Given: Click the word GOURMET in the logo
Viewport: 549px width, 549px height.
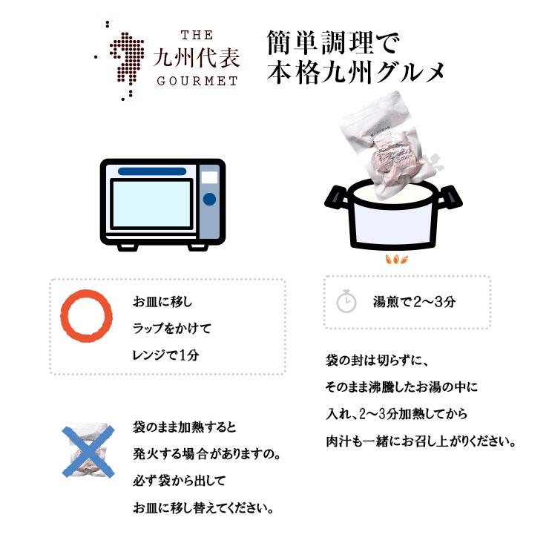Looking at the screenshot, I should click(x=197, y=81).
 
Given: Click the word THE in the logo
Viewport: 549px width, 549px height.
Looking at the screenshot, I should click(x=197, y=35).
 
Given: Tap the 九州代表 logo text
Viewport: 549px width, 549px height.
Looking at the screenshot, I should click(x=197, y=58).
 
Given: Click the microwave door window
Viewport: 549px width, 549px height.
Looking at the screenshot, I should click(x=151, y=203).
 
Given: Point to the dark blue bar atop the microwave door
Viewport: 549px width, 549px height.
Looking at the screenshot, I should click(x=151, y=171).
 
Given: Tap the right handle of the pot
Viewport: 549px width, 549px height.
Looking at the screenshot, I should click(x=450, y=197).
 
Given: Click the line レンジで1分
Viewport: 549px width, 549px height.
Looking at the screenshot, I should click(x=166, y=355).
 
